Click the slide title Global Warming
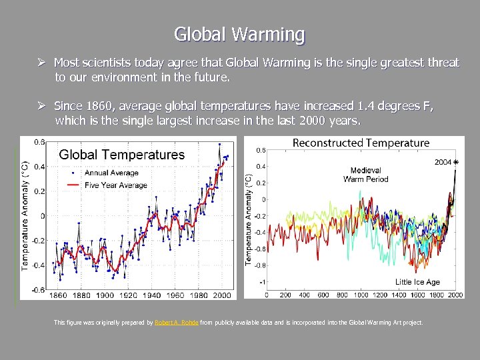(x=239, y=34)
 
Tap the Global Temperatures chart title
(x=122, y=155)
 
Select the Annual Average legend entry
(x=111, y=173)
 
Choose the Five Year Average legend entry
(x=115, y=185)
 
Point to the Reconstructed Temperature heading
(x=361, y=143)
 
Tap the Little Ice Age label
(x=417, y=282)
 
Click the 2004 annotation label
(x=443, y=161)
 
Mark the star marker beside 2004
(x=456, y=162)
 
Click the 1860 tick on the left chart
(x=59, y=295)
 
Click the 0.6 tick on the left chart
(x=39, y=142)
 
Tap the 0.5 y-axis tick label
(x=261, y=150)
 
